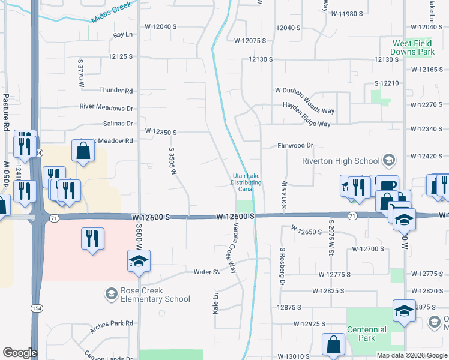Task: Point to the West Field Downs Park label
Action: click(413, 48)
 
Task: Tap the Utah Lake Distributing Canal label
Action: click(247, 182)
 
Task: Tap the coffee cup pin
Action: click(387, 185)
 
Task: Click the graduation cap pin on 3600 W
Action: click(139, 261)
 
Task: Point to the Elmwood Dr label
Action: click(295, 145)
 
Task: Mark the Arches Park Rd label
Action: click(112, 326)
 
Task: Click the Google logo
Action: click(20, 353)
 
